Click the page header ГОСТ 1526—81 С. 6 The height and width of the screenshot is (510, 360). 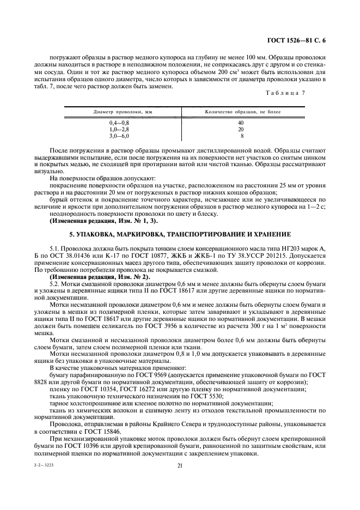[300, 40]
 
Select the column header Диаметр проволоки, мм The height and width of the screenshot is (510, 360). [123, 112]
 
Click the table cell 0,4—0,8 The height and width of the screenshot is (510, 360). [119, 123]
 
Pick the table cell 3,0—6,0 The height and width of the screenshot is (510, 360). [119, 136]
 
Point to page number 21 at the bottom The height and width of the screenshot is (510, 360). [179, 465]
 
